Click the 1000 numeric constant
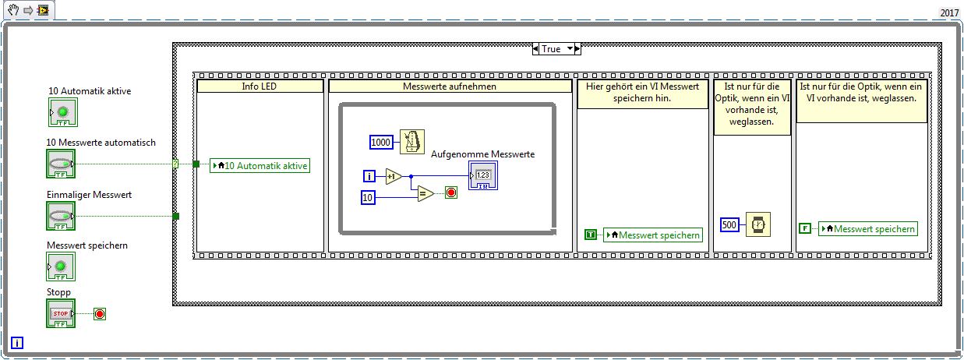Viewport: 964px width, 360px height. pos(381,143)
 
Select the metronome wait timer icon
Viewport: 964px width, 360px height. pos(411,142)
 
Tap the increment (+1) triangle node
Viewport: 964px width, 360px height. pos(394,176)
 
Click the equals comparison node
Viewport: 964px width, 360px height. pos(426,193)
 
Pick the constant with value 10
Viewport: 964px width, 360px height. pos(368,197)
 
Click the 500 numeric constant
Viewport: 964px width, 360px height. pos(729,224)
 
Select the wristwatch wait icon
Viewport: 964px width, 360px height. pos(757,224)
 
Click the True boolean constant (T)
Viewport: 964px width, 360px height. pos(591,235)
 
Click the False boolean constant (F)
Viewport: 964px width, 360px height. pos(805,228)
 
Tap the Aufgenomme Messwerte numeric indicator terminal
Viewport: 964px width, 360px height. pos(483,175)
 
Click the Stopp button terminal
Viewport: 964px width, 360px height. pos(61,313)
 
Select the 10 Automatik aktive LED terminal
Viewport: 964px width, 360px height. pos(63,112)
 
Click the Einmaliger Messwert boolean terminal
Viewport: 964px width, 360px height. pos(61,216)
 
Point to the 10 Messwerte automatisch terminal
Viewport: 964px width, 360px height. pos(61,164)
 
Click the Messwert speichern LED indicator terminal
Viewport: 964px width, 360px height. pos(61,266)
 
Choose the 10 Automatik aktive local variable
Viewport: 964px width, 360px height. pos(260,166)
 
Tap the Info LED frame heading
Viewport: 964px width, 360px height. pos(260,86)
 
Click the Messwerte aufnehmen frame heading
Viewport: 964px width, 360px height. pos(450,86)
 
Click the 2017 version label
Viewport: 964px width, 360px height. pos(949,13)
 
